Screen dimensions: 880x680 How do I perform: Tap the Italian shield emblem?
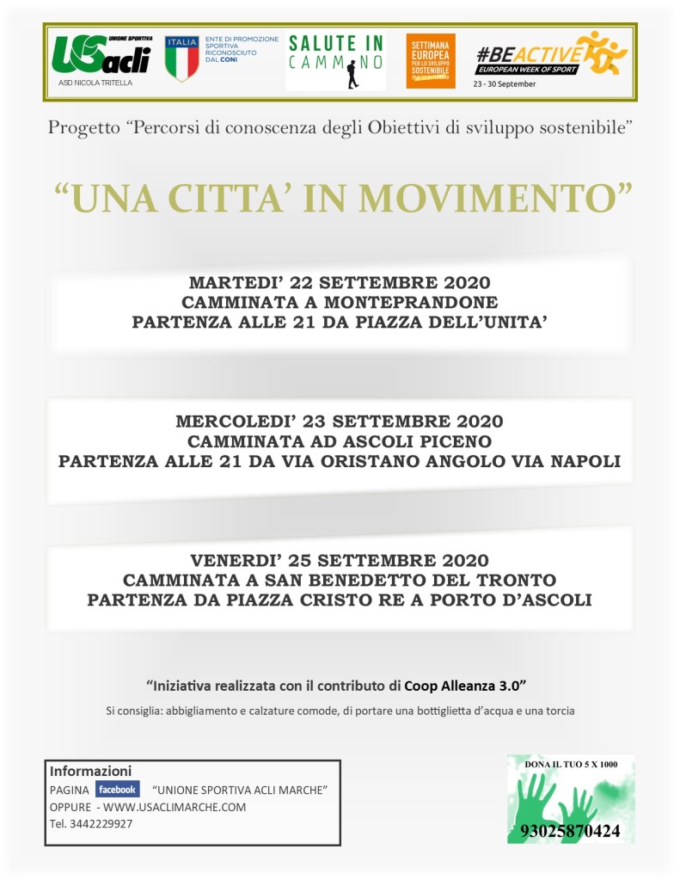[181, 58]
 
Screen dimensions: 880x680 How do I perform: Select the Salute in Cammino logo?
[335, 60]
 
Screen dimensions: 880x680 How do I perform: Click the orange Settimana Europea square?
[431, 61]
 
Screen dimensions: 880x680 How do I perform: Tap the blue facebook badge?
[117, 789]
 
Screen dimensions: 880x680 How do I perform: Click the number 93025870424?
[570, 831]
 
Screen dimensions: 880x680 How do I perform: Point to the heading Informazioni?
[90, 771]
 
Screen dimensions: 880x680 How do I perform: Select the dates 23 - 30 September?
[505, 84]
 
